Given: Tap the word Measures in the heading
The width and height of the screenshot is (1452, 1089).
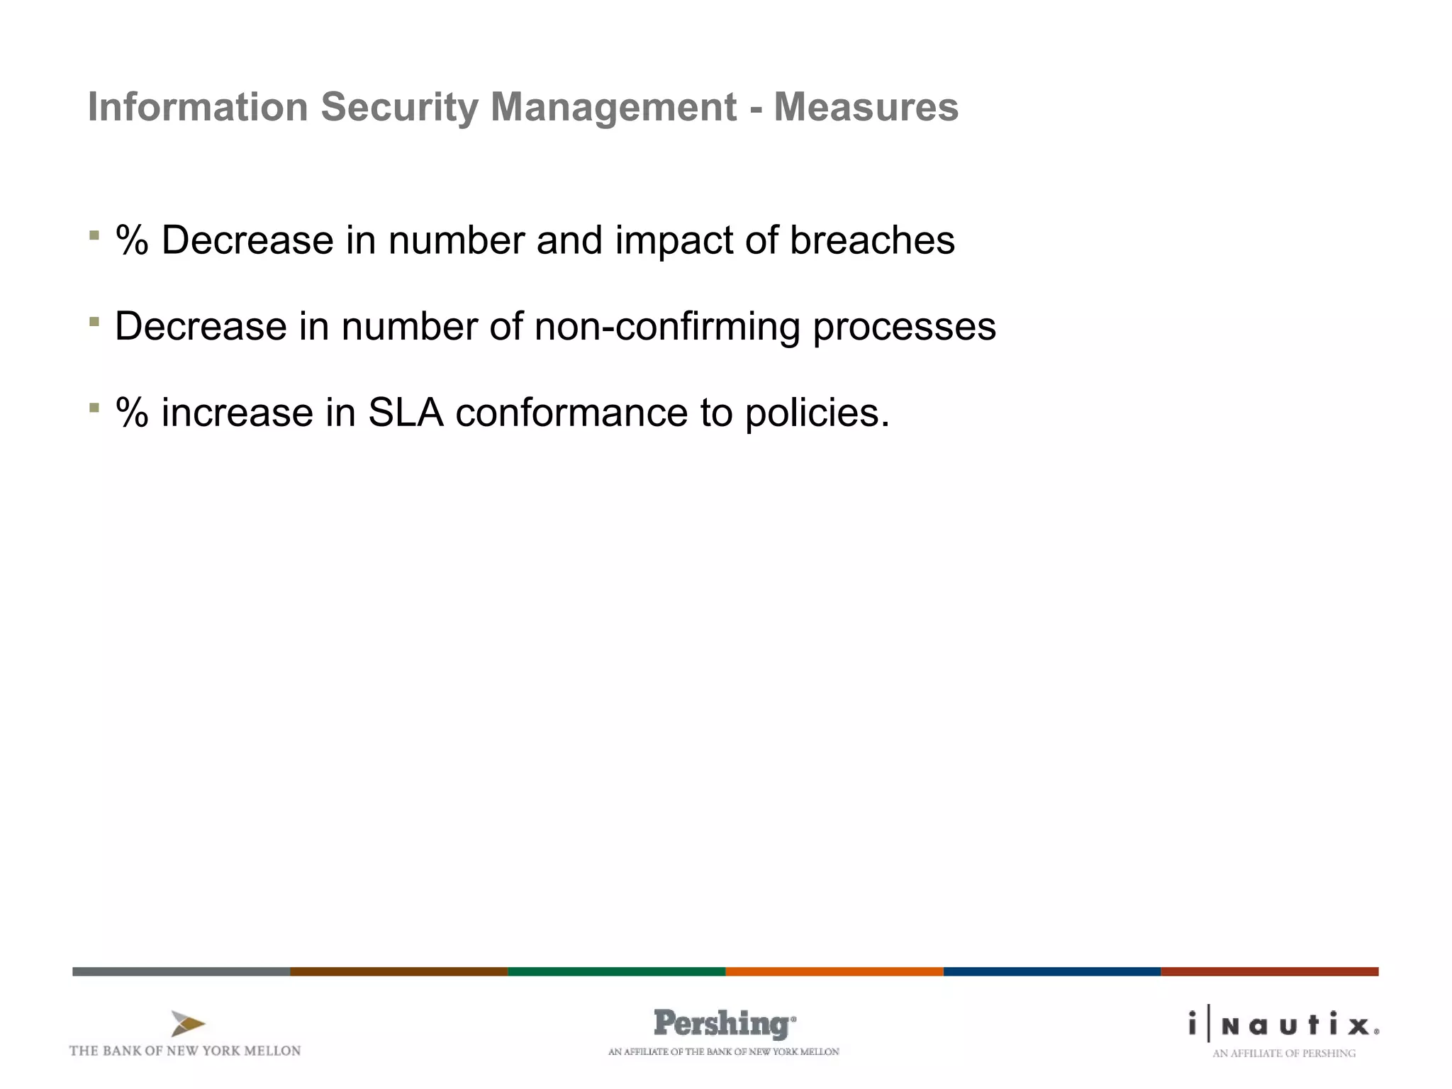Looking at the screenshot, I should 866,108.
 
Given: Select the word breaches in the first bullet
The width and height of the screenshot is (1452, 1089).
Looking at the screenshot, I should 872,240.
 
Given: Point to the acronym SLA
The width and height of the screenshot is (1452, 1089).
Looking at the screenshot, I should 406,413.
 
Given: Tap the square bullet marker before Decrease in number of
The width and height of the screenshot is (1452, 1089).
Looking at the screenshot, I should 94,322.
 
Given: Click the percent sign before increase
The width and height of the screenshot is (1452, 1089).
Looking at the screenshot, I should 132,413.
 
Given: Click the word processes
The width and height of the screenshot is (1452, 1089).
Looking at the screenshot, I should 904,328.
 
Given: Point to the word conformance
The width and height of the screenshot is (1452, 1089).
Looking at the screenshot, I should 571,413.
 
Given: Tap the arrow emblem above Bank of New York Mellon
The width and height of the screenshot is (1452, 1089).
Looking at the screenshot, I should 187,1024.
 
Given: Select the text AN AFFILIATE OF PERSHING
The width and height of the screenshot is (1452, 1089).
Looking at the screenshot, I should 1283,1054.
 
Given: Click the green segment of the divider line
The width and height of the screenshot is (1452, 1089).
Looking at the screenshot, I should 616,971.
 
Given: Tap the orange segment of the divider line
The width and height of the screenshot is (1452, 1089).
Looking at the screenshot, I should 834,971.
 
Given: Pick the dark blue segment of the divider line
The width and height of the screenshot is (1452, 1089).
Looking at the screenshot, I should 1051,971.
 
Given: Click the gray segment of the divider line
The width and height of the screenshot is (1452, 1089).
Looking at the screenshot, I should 181,971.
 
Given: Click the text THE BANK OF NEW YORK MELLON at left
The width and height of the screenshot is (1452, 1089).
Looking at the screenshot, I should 185,1051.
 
